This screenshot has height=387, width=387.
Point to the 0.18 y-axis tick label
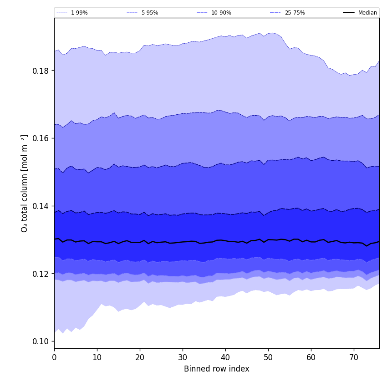coord(41,71)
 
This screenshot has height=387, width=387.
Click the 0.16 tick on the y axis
coord(41,138)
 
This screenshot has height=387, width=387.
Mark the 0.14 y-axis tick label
coord(41,206)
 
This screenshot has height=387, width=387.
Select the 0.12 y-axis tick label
coord(41,274)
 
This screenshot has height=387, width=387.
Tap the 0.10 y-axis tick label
coord(41,341)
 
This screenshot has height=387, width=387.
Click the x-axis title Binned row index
coord(217,369)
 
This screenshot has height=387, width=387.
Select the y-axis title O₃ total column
coord(25,183)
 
